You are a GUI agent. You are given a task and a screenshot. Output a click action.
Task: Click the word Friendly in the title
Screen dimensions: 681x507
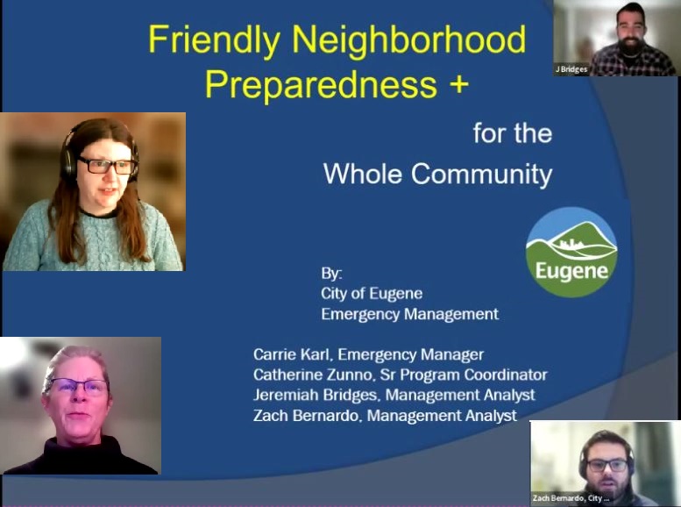[214, 40]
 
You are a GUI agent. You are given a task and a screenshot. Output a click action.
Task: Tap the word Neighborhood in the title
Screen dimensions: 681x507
[408, 39]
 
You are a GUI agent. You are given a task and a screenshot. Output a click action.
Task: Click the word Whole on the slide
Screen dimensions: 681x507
[363, 174]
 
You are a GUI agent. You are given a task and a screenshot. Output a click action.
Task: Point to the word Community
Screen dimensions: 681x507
[482, 175]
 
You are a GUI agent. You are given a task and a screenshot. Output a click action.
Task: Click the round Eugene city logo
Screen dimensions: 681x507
[571, 253]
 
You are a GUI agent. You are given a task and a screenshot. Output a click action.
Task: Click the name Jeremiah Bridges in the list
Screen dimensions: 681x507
[316, 395]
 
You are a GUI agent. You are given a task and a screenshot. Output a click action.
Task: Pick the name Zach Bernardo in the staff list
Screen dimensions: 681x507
[306, 415]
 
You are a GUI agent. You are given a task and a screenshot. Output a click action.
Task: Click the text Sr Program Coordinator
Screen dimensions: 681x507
[464, 375]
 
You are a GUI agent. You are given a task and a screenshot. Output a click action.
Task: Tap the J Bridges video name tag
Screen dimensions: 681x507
[571, 69]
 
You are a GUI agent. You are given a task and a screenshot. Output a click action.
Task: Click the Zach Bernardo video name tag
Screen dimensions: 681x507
[571, 498]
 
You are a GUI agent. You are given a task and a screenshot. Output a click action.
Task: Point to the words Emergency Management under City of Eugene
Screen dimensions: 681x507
[409, 314]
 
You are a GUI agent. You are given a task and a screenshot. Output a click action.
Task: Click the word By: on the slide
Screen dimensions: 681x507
[331, 274]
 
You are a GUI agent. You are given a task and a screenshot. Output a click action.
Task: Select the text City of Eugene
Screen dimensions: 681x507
[372, 294]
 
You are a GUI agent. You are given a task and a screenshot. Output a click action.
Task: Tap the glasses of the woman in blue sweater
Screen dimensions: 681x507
[106, 166]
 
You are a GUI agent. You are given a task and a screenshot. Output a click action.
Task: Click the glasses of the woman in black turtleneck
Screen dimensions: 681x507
[78, 385]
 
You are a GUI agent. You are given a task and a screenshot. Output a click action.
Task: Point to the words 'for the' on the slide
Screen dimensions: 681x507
[513, 133]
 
